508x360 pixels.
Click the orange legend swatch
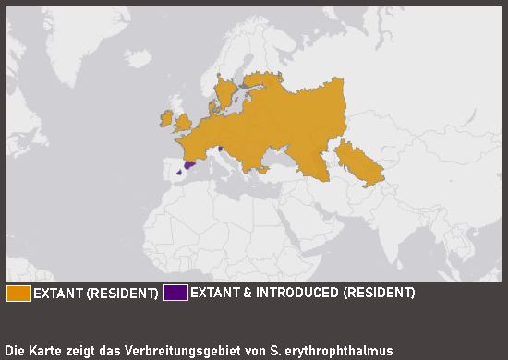[x=18, y=294]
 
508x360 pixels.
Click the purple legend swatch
[x=175, y=294]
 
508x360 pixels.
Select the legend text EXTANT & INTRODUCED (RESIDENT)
[x=302, y=294]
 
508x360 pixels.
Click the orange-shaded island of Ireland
[x=166, y=119]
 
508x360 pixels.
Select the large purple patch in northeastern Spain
[x=190, y=164]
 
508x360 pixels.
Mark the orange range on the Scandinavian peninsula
[x=226, y=92]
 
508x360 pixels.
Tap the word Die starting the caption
[x=15, y=351]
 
